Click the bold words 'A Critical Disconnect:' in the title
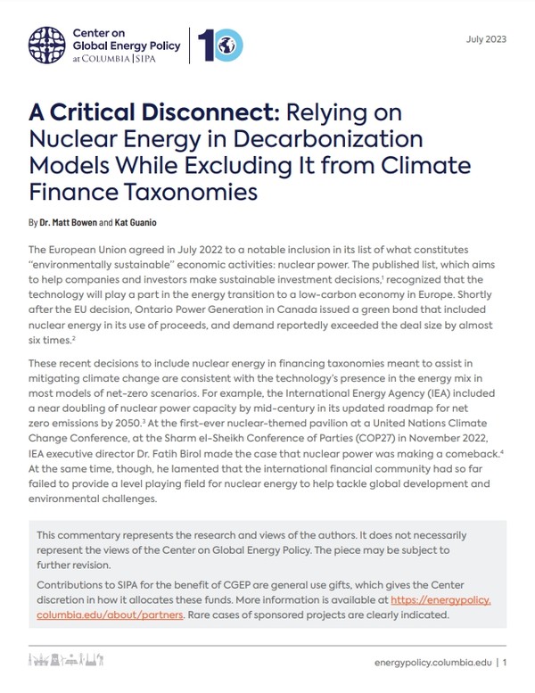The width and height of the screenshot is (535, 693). point(153,114)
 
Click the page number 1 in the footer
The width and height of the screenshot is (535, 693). point(505,663)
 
